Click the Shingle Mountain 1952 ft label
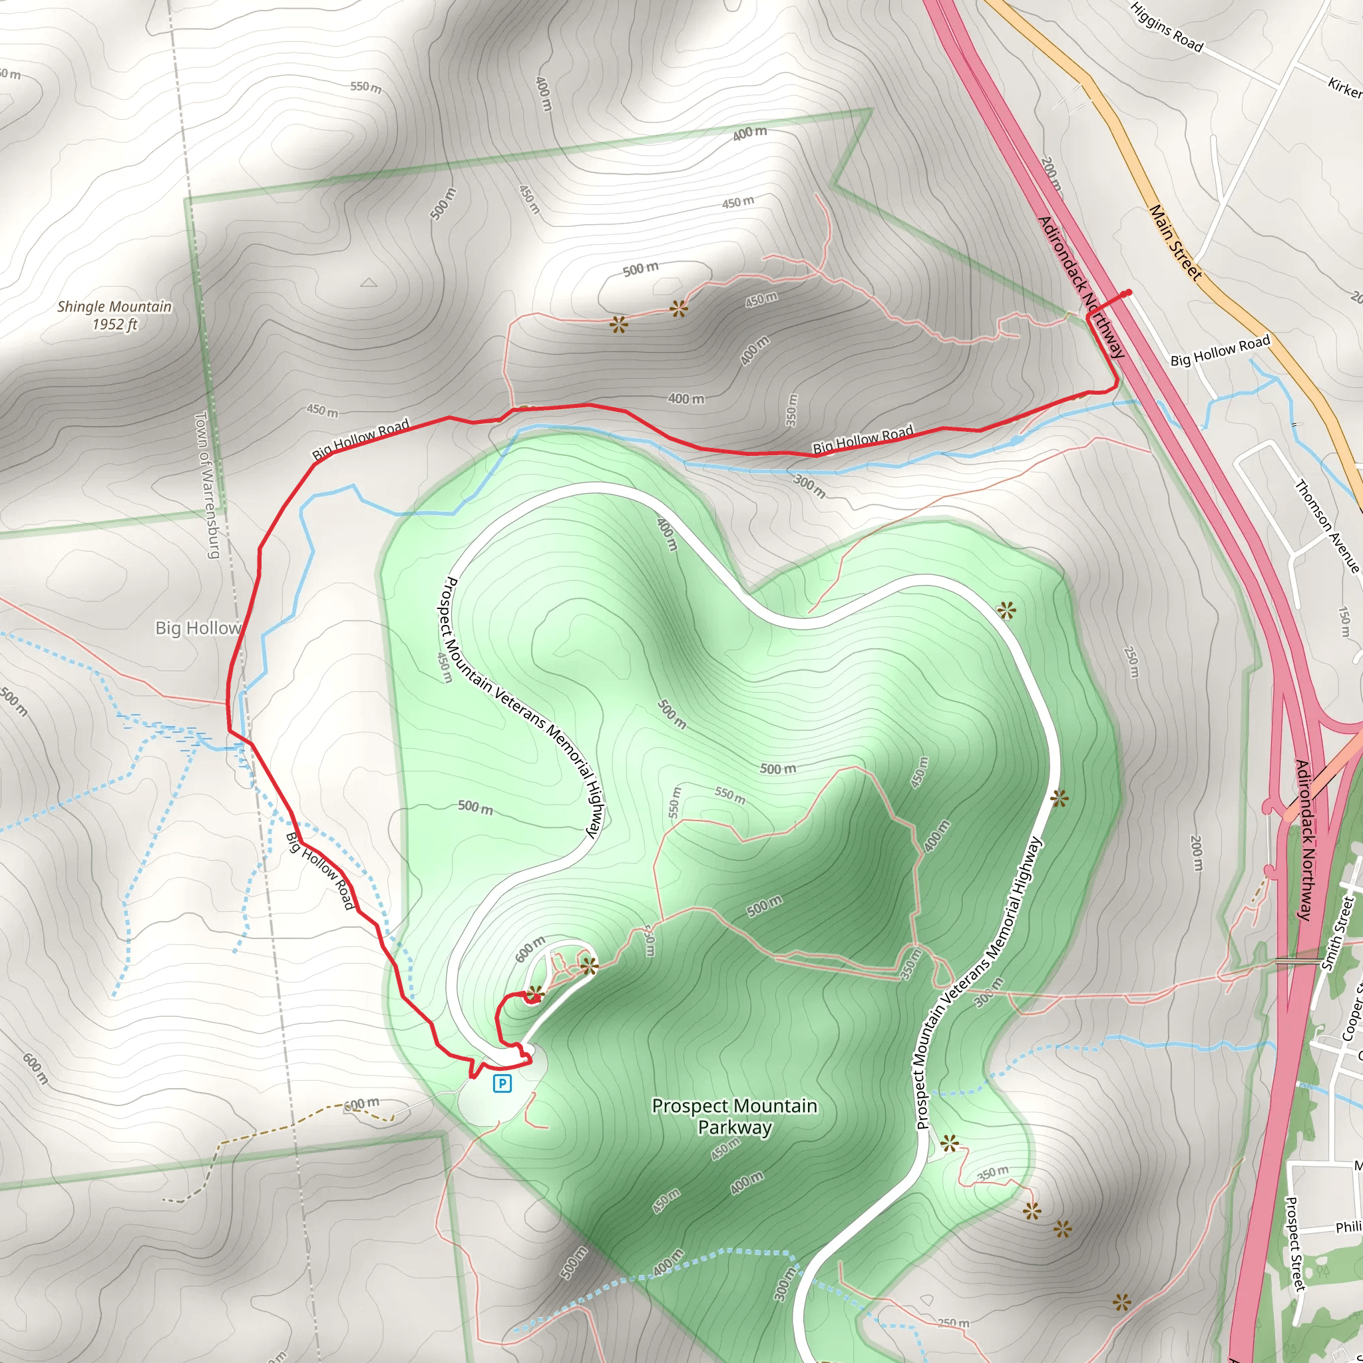(114, 315)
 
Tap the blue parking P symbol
(502, 1083)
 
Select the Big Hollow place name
(198, 627)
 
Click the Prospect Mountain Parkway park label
(735, 1116)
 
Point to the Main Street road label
(1175, 243)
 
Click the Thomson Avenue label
(1326, 526)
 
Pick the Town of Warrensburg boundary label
(207, 485)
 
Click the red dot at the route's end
(1129, 293)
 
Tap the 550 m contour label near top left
(365, 87)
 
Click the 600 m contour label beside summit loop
(530, 949)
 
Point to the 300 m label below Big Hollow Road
(809, 485)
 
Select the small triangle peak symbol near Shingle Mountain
(368, 283)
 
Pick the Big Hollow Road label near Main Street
(1220, 351)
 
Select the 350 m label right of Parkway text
(992, 1173)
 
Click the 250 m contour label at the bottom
(954, 1323)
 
